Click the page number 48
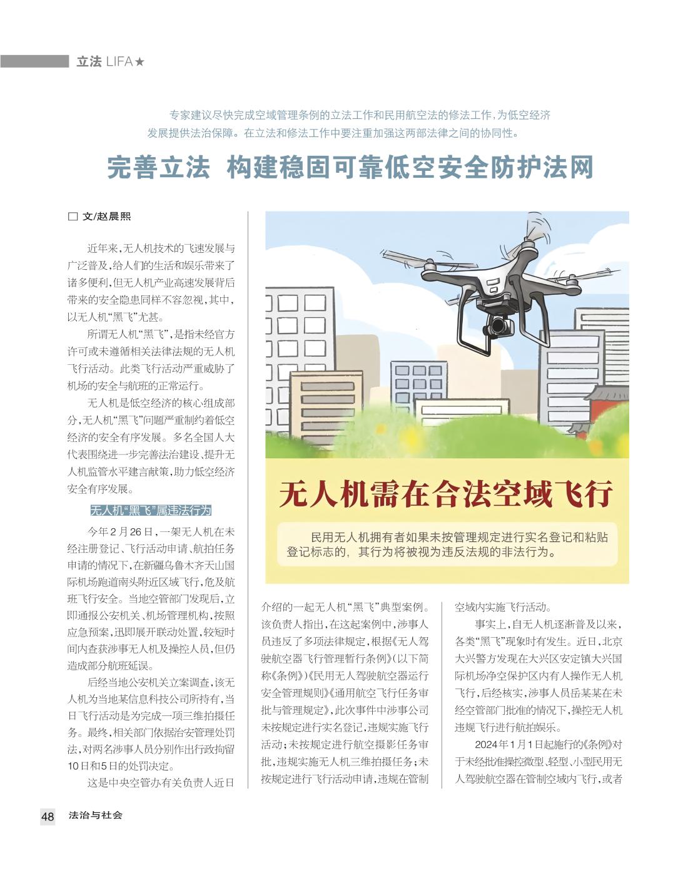point(48,816)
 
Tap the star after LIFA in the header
point(139,62)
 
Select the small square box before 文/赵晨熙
point(73,217)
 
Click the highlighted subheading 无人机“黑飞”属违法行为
point(151,510)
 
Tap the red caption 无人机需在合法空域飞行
point(446,493)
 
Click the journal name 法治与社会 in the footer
point(96,816)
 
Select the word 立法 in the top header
point(89,62)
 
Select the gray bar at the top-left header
point(34,61)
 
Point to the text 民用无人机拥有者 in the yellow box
point(360,537)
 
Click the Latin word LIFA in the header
point(119,62)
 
